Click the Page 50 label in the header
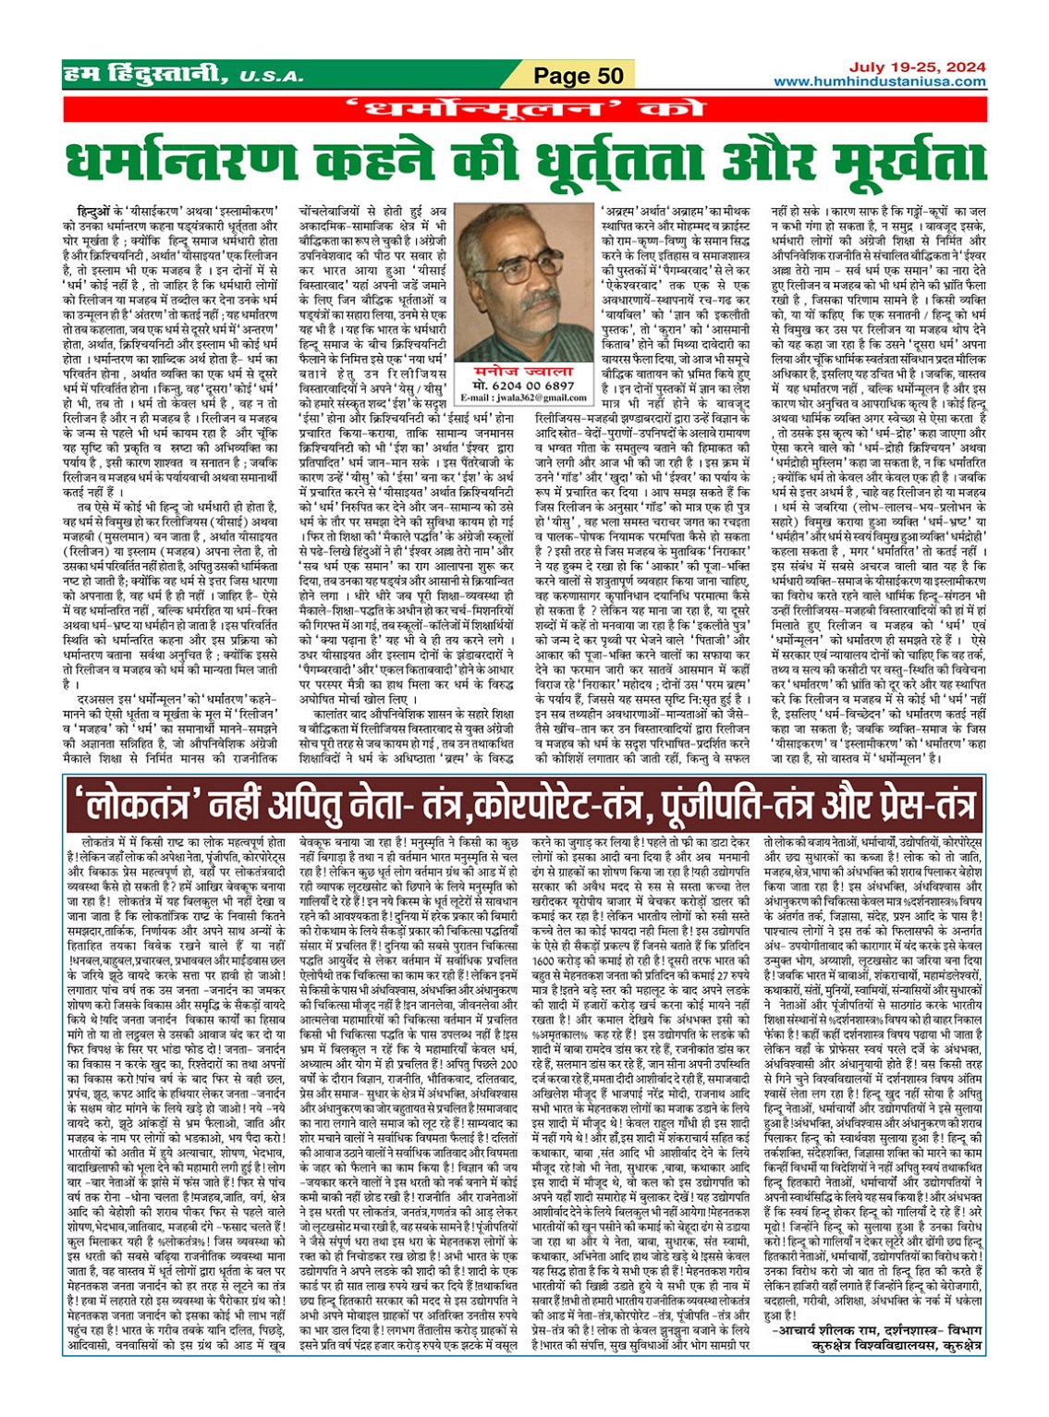click(579, 76)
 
